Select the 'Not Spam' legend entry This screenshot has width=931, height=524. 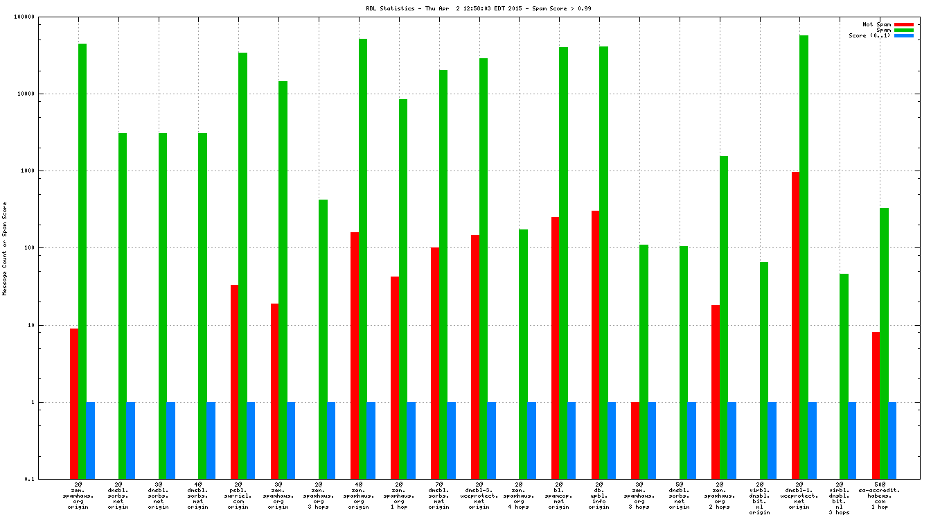[876, 24]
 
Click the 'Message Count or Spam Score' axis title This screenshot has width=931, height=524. [5, 248]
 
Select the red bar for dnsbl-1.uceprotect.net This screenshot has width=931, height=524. [796, 325]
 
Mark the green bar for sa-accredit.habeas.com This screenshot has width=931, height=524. [884, 343]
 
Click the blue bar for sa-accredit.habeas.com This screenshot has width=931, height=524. [892, 440]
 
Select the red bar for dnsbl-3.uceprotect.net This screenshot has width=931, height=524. [475, 357]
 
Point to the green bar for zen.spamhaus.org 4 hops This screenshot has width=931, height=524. [523, 354]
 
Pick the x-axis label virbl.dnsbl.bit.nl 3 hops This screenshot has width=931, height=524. [840, 499]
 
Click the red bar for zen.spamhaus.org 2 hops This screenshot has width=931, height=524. [716, 392]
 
